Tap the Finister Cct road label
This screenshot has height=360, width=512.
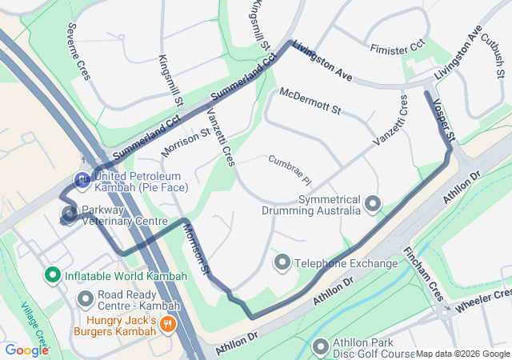click(397, 50)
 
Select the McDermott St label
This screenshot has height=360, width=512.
click(310, 100)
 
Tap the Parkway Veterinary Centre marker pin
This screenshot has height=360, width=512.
click(70, 214)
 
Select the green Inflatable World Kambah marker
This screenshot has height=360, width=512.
click(53, 276)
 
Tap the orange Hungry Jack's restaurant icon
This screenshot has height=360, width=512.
click(168, 324)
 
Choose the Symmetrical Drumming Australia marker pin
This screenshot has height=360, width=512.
click(372, 204)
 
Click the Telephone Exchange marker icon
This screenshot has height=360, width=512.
click(282, 262)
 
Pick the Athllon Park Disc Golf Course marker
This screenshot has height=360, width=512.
click(321, 347)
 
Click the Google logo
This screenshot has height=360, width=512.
click(26, 350)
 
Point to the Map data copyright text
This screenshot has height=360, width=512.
click(462, 354)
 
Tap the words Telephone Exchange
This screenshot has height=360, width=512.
click(346, 263)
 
